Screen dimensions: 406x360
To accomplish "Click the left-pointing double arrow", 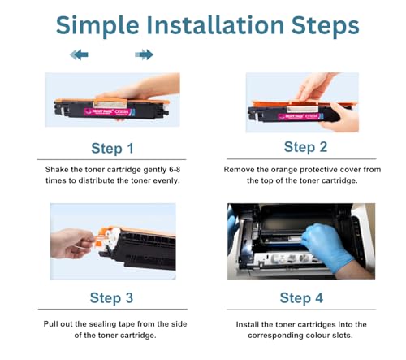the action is [x=79, y=54].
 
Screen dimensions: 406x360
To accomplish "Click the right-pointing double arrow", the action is [x=144, y=54].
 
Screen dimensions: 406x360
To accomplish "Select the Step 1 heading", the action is [x=112, y=149].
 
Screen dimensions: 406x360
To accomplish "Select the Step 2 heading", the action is [x=305, y=147].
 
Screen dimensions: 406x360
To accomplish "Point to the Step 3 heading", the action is [x=111, y=298].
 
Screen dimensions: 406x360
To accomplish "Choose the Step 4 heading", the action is [x=301, y=298].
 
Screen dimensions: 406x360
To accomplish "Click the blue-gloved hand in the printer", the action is [x=326, y=246].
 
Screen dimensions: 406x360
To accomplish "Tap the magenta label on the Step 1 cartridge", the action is [x=110, y=111].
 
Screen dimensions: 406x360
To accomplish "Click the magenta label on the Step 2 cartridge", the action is [x=300, y=116].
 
